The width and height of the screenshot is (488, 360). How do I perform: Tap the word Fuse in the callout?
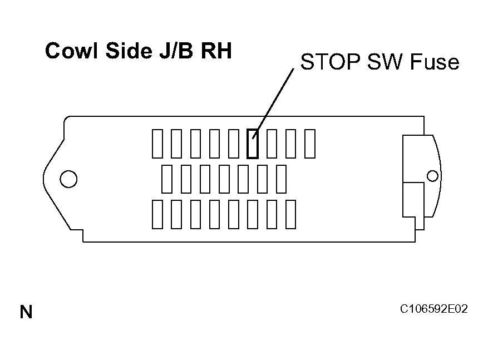[x=435, y=62]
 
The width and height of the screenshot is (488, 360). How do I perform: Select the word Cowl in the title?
[x=72, y=51]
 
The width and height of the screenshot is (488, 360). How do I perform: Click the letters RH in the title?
[x=216, y=51]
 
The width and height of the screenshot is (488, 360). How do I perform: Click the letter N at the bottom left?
[x=26, y=312]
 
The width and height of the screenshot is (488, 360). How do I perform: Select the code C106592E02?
[x=434, y=309]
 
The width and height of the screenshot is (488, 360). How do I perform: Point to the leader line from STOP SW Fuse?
[x=273, y=103]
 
